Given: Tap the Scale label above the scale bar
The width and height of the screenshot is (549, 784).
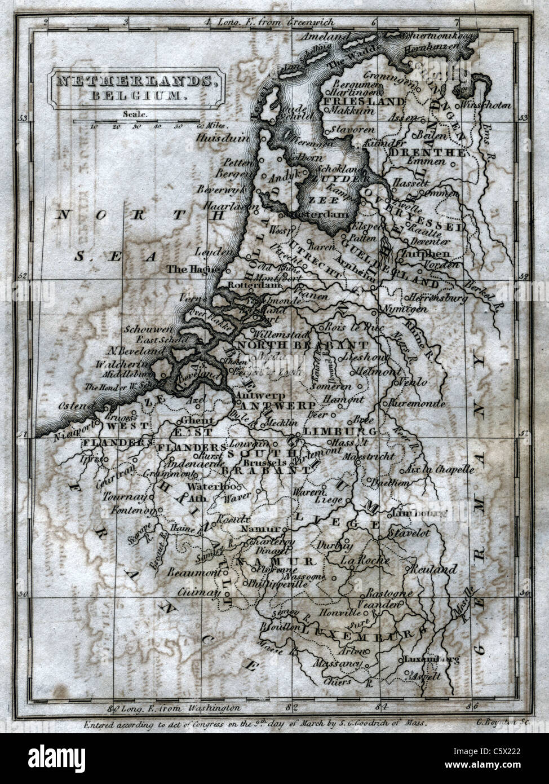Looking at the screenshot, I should click(134, 113).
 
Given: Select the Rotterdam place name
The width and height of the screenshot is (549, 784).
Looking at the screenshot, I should click(246, 286).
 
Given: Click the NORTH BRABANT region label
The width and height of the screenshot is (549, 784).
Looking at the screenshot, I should click(303, 345).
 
